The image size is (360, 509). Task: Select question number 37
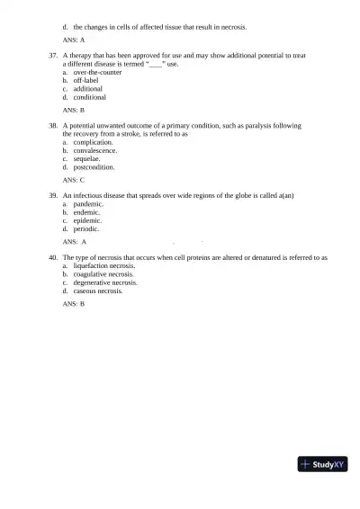(53, 56)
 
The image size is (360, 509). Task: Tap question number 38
(53, 125)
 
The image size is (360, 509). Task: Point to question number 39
(53, 195)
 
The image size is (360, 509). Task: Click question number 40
(53, 257)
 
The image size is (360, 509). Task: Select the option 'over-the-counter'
(97, 73)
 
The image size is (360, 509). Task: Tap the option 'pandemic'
(89, 204)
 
